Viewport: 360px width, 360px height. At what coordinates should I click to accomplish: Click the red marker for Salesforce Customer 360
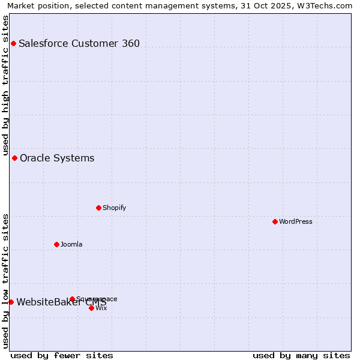point(13,43)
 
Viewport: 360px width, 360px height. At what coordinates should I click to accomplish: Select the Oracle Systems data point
point(15,158)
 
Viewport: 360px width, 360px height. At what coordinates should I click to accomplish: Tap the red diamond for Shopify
point(98,208)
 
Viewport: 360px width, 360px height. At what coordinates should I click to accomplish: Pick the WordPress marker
point(275,221)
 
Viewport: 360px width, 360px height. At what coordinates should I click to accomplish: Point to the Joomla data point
point(57,244)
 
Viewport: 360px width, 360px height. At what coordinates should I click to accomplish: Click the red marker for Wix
point(91,308)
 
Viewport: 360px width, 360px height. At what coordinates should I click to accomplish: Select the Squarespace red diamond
point(72,299)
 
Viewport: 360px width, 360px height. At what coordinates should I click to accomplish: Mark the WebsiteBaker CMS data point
point(11,302)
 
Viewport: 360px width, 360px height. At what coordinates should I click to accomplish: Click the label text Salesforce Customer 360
point(79,43)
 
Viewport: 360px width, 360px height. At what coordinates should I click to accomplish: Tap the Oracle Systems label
point(57,158)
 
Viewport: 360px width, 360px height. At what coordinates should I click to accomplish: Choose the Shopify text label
point(114,208)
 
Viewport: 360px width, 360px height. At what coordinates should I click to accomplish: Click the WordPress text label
point(296,221)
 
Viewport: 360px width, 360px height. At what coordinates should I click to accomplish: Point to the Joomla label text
point(71,244)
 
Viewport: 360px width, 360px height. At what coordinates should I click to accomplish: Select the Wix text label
point(101,308)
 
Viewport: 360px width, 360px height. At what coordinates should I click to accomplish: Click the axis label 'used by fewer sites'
point(62,355)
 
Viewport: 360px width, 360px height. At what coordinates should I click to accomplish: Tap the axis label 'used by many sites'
point(301,355)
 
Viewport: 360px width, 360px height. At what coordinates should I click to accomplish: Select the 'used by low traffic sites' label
point(5,281)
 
